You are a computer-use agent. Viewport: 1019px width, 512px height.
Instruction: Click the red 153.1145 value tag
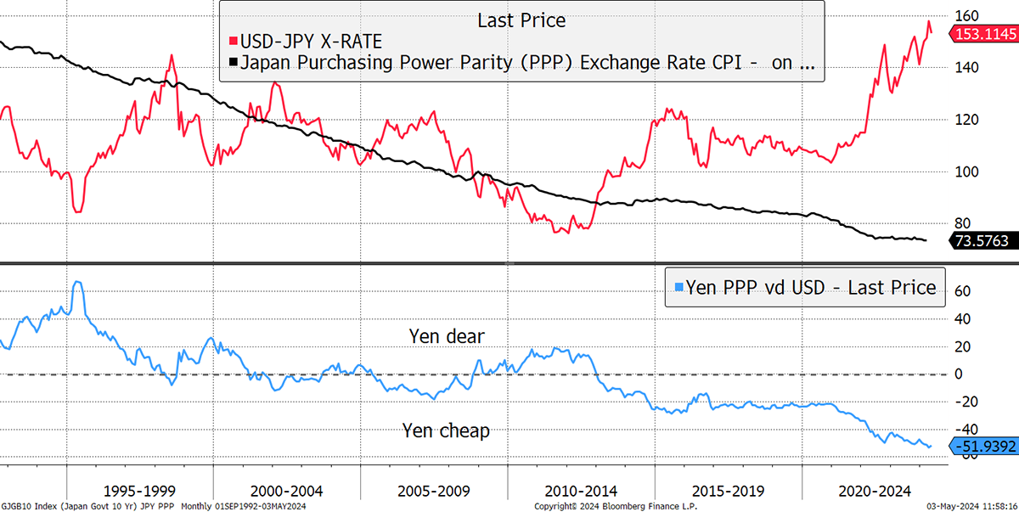coord(984,34)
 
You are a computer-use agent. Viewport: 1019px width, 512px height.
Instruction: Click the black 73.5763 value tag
coord(983,240)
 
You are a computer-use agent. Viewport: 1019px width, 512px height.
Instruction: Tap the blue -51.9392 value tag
coord(984,447)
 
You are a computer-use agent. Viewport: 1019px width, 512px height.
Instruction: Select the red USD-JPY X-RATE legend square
coord(234,42)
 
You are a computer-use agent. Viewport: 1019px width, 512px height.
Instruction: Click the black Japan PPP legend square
coord(234,62)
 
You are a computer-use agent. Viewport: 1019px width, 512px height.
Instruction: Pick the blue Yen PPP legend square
coord(678,287)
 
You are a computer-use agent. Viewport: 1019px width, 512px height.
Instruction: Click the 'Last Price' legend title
coord(521,20)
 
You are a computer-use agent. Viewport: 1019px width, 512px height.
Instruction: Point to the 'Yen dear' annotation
coord(447,336)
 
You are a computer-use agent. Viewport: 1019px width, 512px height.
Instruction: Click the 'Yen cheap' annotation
coord(446,430)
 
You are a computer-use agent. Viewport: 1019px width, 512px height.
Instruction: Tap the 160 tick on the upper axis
coord(966,16)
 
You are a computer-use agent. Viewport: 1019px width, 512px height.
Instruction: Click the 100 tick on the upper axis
coord(966,172)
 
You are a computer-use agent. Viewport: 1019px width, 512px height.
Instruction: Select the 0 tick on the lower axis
coord(959,374)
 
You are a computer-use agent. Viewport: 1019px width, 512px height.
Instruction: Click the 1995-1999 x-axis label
coord(139,491)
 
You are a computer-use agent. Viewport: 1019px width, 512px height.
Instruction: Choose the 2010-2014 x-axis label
coord(581,491)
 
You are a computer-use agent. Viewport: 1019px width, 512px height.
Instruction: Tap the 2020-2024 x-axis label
coord(875,491)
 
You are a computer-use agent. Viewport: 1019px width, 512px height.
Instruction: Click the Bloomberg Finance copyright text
coord(616,506)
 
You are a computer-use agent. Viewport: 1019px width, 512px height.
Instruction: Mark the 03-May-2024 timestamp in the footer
coord(971,506)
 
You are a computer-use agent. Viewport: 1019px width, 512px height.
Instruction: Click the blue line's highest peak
coord(77,282)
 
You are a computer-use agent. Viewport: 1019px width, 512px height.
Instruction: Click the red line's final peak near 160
coord(929,21)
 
